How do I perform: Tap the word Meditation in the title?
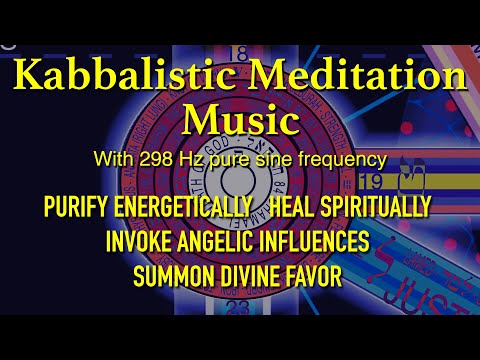[x=330, y=79]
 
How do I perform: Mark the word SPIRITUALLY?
[x=379, y=207]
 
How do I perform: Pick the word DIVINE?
[x=246, y=273]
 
